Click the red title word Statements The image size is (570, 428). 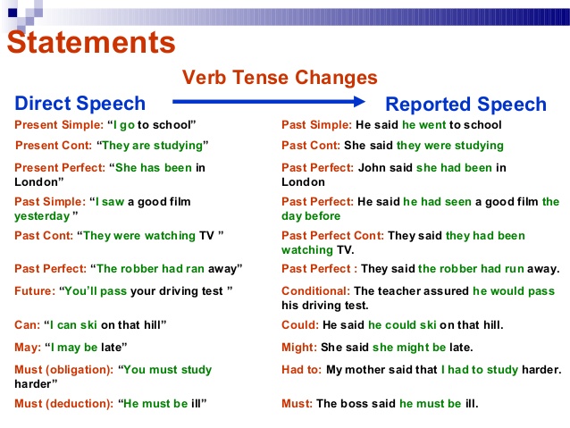pyautogui.click(x=91, y=43)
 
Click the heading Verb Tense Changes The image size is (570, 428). pyautogui.click(x=280, y=78)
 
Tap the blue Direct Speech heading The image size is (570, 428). pyautogui.click(x=80, y=104)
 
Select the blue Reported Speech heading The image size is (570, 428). pyautogui.click(x=465, y=105)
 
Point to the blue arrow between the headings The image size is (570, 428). pyautogui.click(x=269, y=102)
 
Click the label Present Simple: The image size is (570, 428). pyautogui.click(x=59, y=125)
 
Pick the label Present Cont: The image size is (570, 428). pyautogui.click(x=54, y=146)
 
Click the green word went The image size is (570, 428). pyautogui.click(x=432, y=125)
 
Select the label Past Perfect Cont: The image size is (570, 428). pyautogui.click(x=332, y=236)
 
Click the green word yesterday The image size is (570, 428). pyautogui.click(x=42, y=216)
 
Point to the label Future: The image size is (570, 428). pyautogui.click(x=35, y=291)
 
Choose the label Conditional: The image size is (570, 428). pyautogui.click(x=316, y=291)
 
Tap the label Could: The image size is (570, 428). pyautogui.click(x=300, y=324)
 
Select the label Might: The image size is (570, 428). pyautogui.click(x=299, y=348)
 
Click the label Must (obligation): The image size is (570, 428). pyautogui.click(x=64, y=370)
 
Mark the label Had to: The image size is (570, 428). pyautogui.click(x=302, y=370)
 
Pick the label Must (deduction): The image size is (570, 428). pyautogui.click(x=64, y=404)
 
